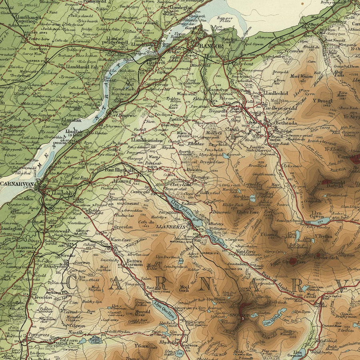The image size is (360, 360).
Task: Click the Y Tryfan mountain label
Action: coord(324,237)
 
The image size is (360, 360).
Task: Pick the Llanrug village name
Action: coord(122,181)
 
